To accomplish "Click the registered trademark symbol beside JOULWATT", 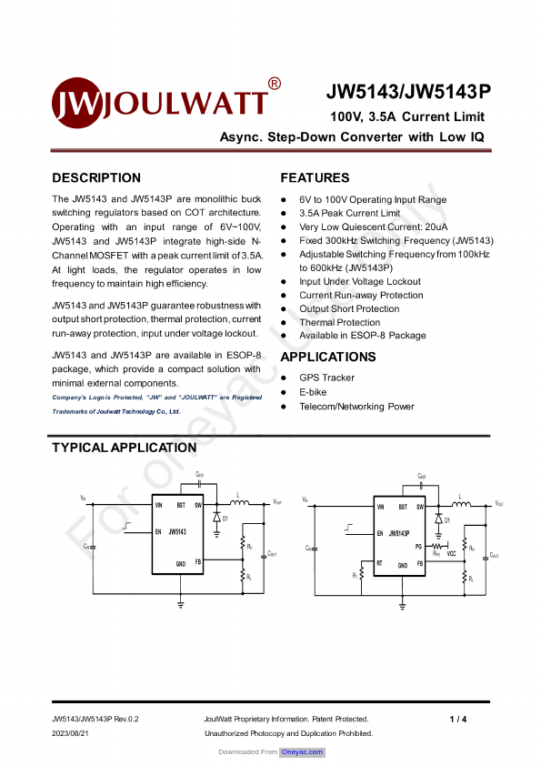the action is point(275,84).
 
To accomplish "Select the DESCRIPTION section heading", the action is point(96,178).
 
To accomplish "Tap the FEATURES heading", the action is point(315,178).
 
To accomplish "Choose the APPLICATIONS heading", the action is point(327,357).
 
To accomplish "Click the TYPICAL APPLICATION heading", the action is point(124,448).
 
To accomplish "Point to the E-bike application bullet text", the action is point(313,392).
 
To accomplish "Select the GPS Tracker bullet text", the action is point(326,378).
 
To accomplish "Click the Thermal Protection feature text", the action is point(339,322).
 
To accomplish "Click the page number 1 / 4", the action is point(457,720).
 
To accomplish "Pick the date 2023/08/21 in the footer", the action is point(72,733).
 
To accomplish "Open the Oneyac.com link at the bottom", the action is point(303,752).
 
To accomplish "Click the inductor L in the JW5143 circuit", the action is point(239,500).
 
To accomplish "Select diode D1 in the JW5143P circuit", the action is point(438,519).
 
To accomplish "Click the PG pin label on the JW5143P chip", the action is point(418,547).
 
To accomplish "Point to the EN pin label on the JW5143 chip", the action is point(158,531).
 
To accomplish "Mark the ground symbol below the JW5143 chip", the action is point(181,602).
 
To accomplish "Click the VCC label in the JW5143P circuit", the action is point(452,554).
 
